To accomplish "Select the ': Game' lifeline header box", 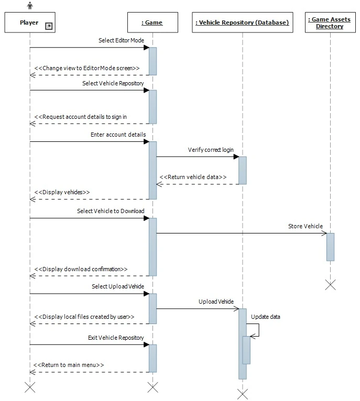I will click(x=152, y=23).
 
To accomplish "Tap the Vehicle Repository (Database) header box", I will click(x=242, y=23).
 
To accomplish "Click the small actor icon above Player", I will click(x=30, y=5).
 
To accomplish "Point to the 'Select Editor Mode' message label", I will click(x=121, y=40).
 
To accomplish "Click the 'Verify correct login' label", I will click(x=211, y=150).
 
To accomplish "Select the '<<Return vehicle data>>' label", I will click(x=193, y=177).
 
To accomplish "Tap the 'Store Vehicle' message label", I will click(x=305, y=226).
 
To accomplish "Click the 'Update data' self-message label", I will click(x=265, y=317).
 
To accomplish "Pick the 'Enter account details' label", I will click(x=118, y=135).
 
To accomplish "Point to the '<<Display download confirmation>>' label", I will click(x=81, y=269).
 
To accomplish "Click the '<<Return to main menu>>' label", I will click(x=69, y=365).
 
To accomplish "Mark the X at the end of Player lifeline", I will click(x=30, y=387).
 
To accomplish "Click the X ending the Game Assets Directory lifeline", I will click(x=330, y=284).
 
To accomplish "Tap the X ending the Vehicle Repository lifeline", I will click(x=242, y=394).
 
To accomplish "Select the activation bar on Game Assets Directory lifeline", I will click(x=330, y=247).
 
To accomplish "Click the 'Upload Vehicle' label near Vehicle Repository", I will click(x=216, y=302).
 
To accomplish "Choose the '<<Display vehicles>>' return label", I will click(x=62, y=192).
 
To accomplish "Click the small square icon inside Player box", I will click(x=48, y=26).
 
